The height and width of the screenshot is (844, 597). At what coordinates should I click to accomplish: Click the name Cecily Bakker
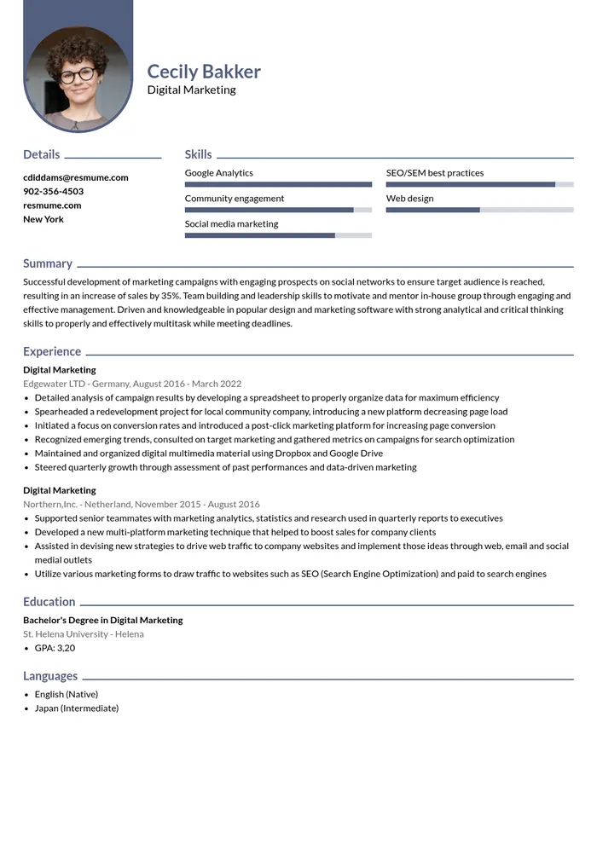tap(204, 72)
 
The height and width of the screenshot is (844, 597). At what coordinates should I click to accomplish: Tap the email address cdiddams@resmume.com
tap(76, 177)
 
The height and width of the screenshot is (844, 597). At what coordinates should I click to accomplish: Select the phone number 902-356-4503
tap(53, 191)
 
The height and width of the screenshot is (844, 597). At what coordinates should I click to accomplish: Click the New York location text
tap(43, 219)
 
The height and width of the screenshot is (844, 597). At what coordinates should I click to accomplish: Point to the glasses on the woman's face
tap(78, 74)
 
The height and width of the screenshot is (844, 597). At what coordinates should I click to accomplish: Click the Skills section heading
tap(198, 154)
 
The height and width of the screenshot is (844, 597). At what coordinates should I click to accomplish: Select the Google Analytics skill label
tap(219, 173)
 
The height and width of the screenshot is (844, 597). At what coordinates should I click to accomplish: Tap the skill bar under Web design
tap(479, 210)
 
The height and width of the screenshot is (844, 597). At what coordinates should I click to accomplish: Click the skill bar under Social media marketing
tap(278, 235)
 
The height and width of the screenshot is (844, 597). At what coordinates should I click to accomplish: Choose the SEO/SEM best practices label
tap(435, 173)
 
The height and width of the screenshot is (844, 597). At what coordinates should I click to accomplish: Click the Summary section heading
tap(48, 263)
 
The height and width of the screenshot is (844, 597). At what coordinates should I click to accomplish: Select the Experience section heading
tap(52, 351)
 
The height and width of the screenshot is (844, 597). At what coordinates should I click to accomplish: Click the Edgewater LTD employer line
tap(132, 384)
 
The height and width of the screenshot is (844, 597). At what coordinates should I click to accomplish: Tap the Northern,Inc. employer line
tap(142, 504)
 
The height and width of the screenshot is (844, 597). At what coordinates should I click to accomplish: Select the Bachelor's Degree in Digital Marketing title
tap(103, 620)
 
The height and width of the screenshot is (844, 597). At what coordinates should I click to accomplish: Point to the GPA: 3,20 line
tap(55, 648)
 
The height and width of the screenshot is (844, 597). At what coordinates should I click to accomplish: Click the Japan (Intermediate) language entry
tap(77, 708)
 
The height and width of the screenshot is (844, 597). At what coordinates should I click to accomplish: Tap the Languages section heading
tap(50, 676)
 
